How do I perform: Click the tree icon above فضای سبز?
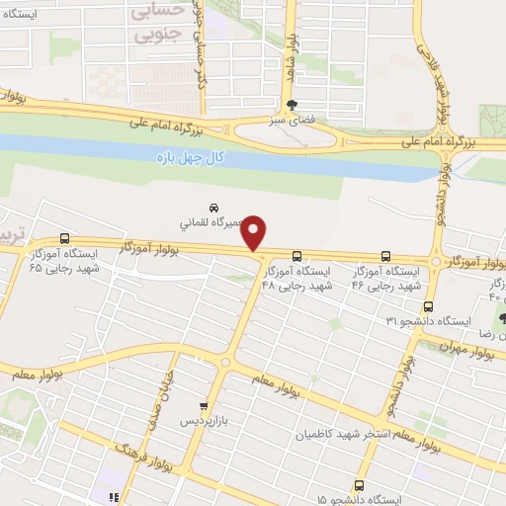291,105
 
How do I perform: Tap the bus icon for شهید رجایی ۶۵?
65,238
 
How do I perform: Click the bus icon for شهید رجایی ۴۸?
296,256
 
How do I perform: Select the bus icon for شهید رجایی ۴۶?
385,256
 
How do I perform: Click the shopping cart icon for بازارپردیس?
204,405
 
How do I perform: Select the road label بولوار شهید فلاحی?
441,69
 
